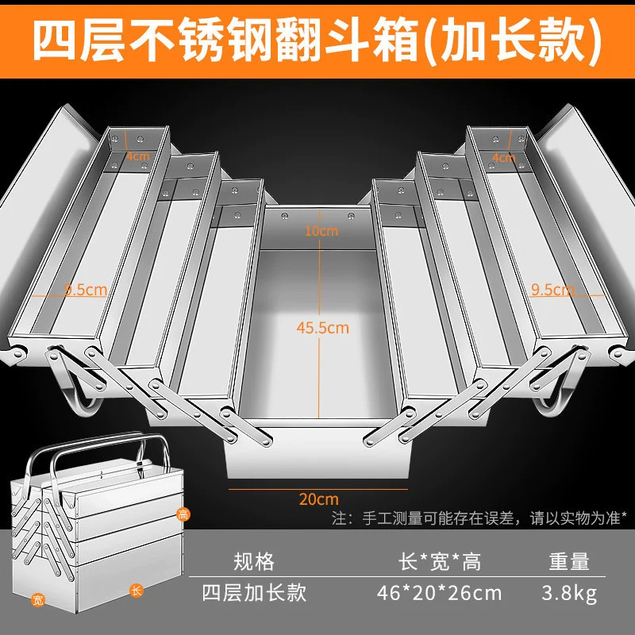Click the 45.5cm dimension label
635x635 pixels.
[x=322, y=328]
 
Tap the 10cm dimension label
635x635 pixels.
[x=321, y=231]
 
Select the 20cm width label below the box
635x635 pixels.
[x=319, y=499]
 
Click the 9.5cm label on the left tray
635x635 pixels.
[x=86, y=290]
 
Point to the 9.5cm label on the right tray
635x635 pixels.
[x=552, y=290]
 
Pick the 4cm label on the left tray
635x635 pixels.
[x=137, y=156]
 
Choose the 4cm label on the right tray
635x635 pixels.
[x=504, y=157]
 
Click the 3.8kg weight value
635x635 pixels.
[x=569, y=593]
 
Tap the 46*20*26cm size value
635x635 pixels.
[x=440, y=593]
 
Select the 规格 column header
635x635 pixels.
[x=254, y=562]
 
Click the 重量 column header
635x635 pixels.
[x=569, y=562]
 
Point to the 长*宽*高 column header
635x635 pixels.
[x=440, y=562]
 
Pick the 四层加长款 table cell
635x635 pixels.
[x=254, y=593]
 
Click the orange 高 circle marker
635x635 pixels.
[x=183, y=514]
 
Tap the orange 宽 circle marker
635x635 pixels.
[x=37, y=600]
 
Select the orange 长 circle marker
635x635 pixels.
[x=137, y=591]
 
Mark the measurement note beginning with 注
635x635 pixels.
[x=479, y=518]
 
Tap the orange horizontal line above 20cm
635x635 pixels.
[x=318, y=489]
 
